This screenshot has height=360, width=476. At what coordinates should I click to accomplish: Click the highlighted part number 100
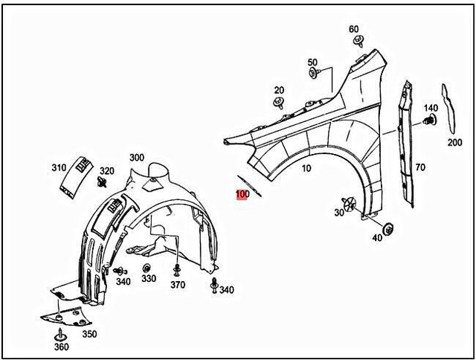point(242,195)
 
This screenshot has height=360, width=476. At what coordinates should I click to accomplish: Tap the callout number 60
point(354,29)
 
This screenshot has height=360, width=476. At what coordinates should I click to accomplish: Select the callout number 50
point(312,62)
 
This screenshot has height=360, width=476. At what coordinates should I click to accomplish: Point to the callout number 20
point(279,89)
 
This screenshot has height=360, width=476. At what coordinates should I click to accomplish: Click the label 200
point(454,142)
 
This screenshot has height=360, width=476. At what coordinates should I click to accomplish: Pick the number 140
point(431,108)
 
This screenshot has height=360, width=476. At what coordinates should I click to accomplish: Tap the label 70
point(420,167)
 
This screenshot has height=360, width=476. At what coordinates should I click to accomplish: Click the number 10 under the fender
point(306,168)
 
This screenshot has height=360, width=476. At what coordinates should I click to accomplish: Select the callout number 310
point(59,167)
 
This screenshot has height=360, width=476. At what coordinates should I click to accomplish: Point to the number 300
point(137,158)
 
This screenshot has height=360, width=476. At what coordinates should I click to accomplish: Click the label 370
point(177,285)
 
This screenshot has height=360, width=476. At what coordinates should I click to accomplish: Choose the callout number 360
point(61,347)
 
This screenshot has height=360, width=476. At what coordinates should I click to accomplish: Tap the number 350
point(89,334)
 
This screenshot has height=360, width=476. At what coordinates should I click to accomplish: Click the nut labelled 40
point(388,228)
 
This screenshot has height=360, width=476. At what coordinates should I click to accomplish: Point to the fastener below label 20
point(279,102)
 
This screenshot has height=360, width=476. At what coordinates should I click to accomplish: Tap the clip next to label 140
point(434,119)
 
